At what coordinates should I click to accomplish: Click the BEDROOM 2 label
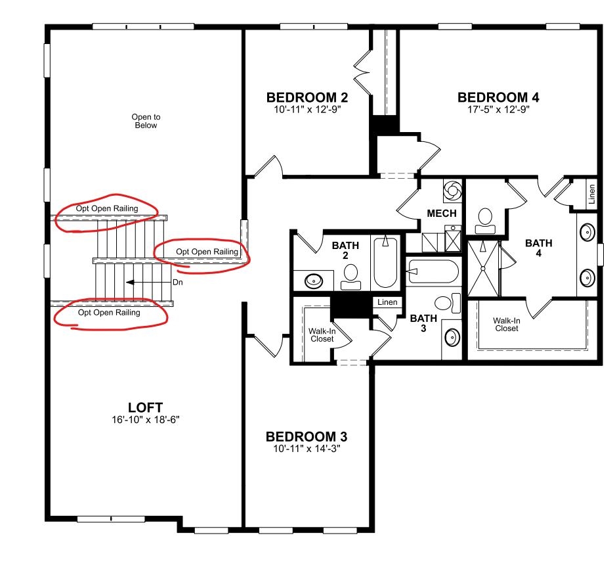click(307, 97)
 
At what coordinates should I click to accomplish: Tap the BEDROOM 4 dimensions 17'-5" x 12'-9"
click(498, 109)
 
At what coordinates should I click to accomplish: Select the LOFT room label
click(145, 407)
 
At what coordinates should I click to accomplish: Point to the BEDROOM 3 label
click(307, 436)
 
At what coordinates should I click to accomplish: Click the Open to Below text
click(146, 121)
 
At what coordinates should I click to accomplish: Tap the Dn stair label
click(178, 283)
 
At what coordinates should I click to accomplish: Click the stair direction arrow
click(148, 283)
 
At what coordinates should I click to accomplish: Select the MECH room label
click(442, 214)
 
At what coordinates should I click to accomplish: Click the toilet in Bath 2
click(350, 277)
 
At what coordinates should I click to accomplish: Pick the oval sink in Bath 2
click(314, 281)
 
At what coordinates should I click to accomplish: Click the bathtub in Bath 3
click(433, 271)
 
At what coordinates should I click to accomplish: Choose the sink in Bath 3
click(452, 338)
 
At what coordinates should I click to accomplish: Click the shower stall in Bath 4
click(483, 269)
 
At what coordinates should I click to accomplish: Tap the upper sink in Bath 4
click(587, 232)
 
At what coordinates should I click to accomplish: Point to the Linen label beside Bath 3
click(387, 302)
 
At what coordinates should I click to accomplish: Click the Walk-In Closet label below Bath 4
click(506, 325)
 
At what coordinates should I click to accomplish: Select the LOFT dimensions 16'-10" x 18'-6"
click(146, 419)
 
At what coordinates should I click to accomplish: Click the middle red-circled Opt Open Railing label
click(207, 251)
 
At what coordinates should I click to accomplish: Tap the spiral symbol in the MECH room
click(452, 190)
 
